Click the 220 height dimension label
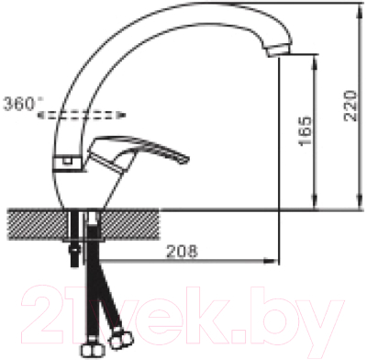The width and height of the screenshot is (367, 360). pyautogui.click(x=350, y=106)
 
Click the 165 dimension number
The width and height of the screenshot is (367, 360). pyautogui.click(x=306, y=131)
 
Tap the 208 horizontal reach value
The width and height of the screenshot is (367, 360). pyautogui.click(x=182, y=252)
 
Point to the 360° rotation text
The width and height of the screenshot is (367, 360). pyautogui.click(x=23, y=104)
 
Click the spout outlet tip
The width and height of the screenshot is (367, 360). pyautogui.click(x=279, y=51)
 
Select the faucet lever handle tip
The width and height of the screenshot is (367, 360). pyautogui.click(x=186, y=160)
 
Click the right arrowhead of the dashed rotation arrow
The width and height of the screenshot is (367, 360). pyautogui.click(x=121, y=115)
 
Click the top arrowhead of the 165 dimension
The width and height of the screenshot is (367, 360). pyautogui.click(x=315, y=61)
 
